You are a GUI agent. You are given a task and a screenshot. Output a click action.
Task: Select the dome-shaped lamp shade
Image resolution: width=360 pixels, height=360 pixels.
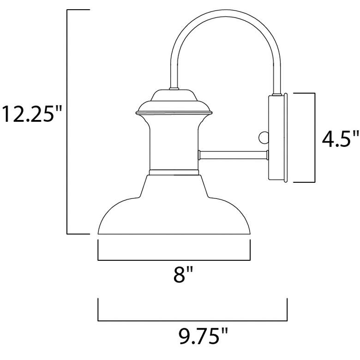174,208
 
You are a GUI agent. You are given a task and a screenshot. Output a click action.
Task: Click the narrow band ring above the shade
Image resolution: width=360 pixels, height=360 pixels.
174,172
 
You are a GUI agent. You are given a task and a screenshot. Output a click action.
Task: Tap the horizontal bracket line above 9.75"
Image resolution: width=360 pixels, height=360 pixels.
192,320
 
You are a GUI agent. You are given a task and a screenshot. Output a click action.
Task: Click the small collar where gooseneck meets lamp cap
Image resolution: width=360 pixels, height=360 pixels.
174,88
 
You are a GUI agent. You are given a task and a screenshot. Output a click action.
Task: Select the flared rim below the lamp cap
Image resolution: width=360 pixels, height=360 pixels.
174,112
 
